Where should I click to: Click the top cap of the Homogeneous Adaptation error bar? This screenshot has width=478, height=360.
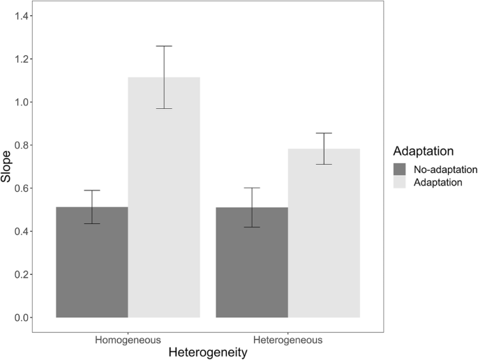point(164,46)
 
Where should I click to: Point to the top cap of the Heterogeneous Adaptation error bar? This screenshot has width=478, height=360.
point(324,133)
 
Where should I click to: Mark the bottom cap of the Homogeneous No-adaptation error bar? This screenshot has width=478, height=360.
point(91,223)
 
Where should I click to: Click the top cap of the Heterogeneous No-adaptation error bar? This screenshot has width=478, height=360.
point(252,188)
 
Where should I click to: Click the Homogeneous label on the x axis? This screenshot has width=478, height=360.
point(128,340)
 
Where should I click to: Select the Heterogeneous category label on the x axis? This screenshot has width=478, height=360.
point(288,340)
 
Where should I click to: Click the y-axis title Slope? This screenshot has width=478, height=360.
point(7,167)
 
